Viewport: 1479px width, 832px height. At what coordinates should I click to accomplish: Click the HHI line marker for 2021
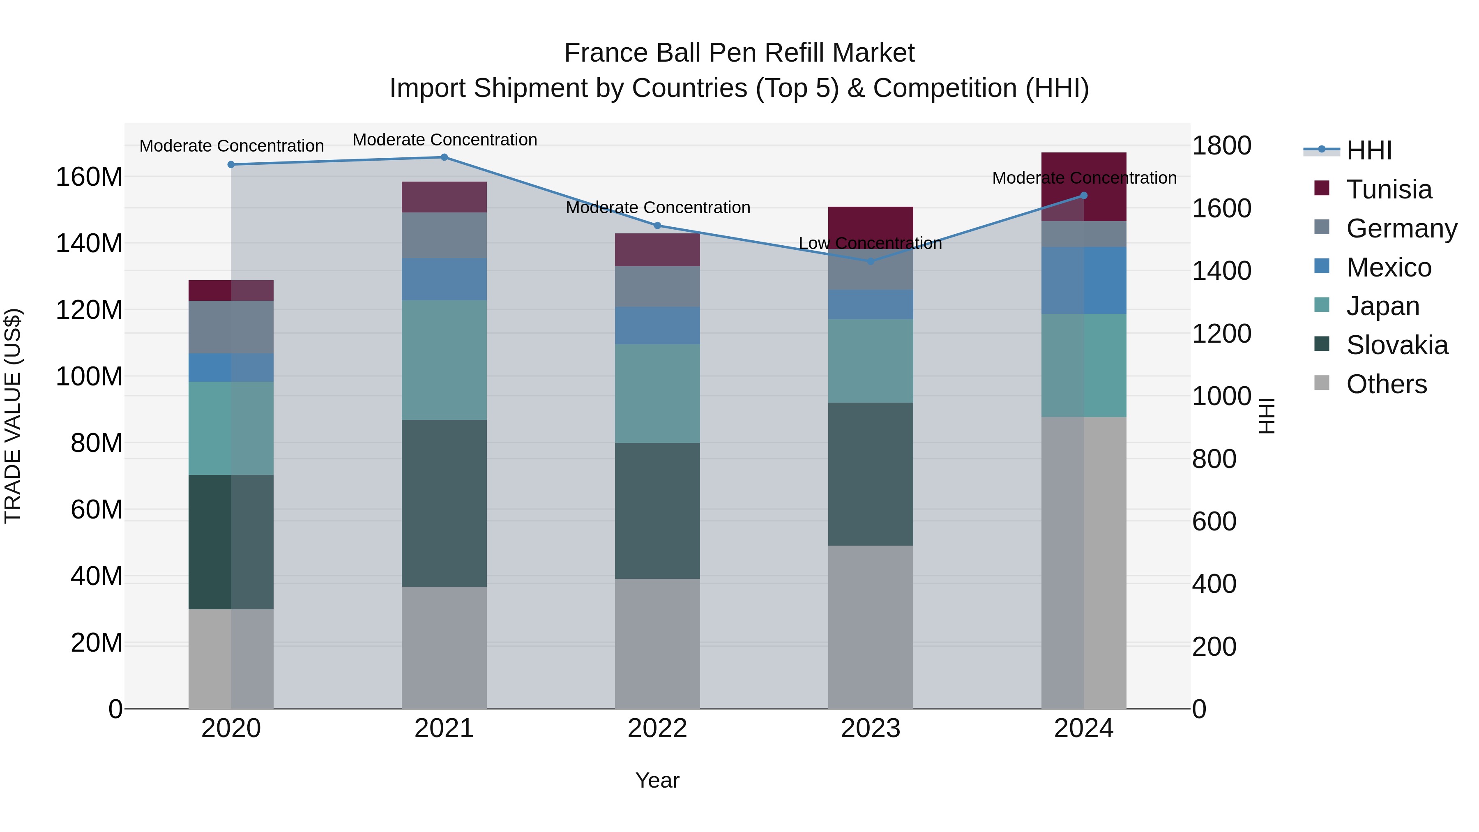click(444, 157)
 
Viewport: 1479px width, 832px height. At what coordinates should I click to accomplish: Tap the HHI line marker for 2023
click(871, 261)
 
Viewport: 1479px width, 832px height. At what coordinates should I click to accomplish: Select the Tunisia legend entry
click(1388, 189)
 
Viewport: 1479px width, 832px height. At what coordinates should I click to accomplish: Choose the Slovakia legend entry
click(1396, 345)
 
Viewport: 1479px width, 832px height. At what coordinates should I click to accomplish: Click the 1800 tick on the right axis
click(1221, 145)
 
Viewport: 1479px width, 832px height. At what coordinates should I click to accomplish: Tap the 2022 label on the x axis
click(657, 728)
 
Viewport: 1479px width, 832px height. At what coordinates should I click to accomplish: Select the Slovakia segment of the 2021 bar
click(444, 502)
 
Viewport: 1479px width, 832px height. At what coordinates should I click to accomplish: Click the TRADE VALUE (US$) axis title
click(13, 416)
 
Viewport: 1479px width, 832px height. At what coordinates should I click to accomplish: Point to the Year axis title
click(657, 780)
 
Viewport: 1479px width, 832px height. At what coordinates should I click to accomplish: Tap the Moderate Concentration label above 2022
click(657, 207)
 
